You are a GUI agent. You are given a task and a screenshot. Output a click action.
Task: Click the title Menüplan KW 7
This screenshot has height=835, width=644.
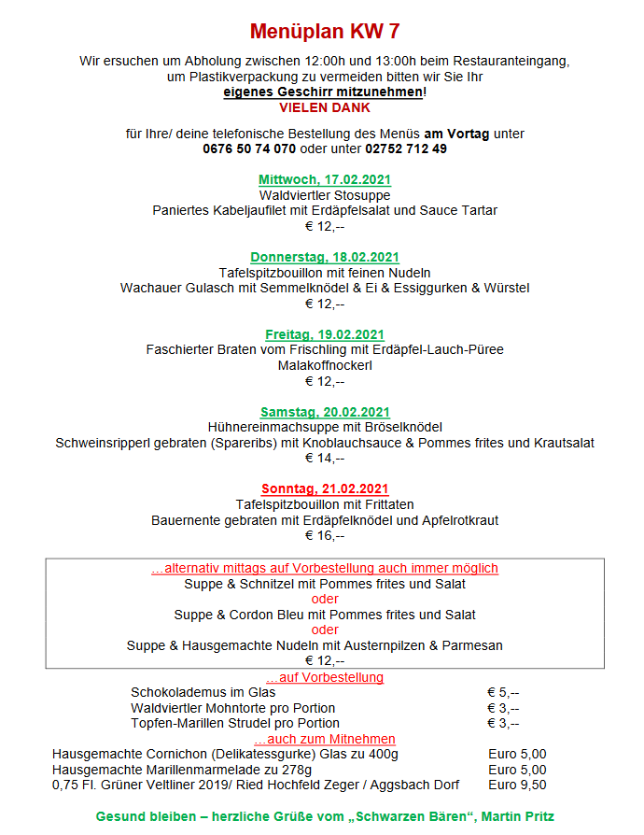click(x=325, y=32)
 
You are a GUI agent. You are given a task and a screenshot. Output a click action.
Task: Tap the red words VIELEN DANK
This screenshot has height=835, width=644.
click(x=325, y=107)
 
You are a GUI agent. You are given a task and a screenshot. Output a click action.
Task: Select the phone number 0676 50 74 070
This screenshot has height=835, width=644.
click(x=249, y=149)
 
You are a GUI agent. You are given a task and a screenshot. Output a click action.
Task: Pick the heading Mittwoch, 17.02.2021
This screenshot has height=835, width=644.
click(x=325, y=179)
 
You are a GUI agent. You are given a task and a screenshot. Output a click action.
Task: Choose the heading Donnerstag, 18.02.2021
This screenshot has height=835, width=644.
click(x=325, y=257)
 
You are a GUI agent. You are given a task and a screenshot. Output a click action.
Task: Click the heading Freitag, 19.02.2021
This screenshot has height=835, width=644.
click(x=325, y=334)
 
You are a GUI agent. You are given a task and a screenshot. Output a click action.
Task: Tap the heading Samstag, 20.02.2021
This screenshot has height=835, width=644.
click(x=325, y=412)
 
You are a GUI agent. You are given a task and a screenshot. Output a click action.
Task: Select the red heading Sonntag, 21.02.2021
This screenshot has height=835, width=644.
click(x=325, y=488)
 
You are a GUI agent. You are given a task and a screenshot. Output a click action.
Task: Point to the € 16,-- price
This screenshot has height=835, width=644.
click(x=325, y=535)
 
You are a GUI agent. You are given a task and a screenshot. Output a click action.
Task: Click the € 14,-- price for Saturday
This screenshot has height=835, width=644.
click(x=325, y=458)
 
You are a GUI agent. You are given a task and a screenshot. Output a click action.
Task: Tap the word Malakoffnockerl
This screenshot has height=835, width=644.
click(x=325, y=365)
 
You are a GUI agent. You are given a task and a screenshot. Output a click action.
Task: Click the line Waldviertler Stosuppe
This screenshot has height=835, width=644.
click(x=325, y=195)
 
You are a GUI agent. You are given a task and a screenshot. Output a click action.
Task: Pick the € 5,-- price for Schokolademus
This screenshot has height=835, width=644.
click(x=503, y=692)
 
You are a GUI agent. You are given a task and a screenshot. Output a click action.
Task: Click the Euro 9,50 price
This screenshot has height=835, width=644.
click(x=517, y=785)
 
